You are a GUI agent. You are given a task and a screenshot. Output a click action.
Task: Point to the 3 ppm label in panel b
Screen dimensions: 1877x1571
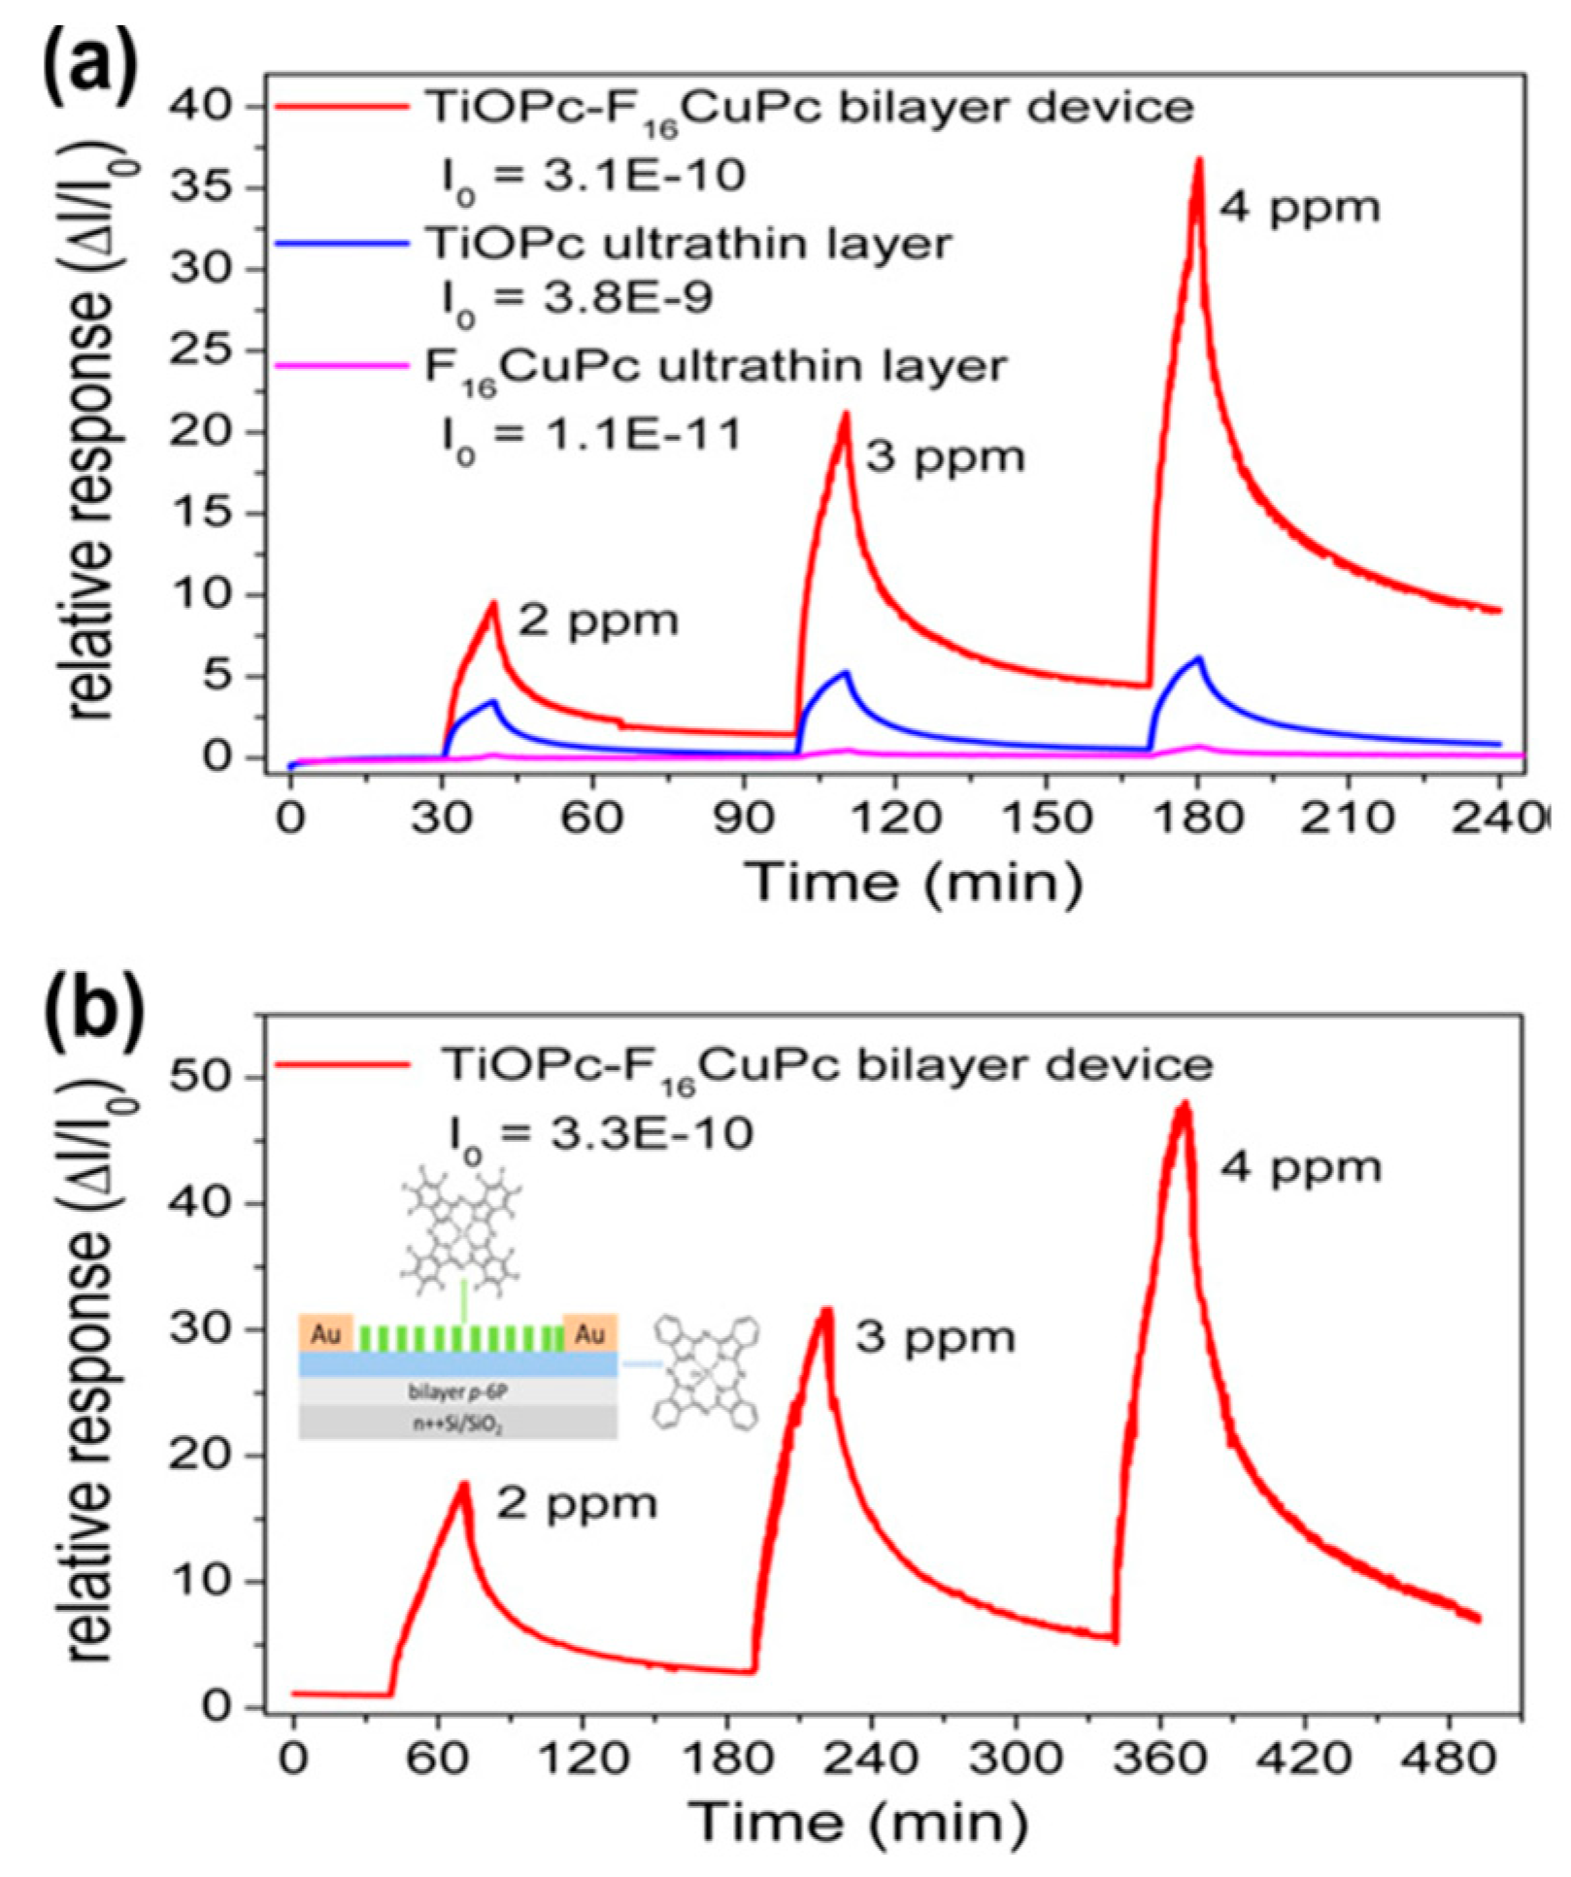(935, 1339)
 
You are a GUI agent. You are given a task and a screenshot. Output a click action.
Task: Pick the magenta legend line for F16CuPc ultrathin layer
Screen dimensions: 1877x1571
(340, 366)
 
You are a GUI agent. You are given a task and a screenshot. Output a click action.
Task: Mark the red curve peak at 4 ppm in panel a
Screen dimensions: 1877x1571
(1199, 160)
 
